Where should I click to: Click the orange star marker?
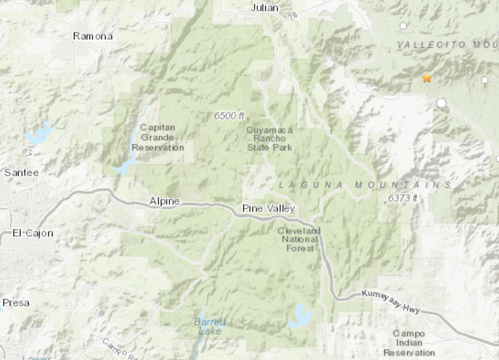[x=427, y=78]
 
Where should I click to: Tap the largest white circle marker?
[x=441, y=103]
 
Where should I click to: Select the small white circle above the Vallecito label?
[x=403, y=26]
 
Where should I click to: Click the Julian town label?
[x=265, y=8]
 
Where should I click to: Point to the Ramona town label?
[x=93, y=36]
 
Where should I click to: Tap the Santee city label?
[x=22, y=173]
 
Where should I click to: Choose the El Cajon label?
[x=33, y=233]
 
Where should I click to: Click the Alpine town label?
[x=165, y=201]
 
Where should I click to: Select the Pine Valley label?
[x=268, y=208]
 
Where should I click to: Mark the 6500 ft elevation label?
[x=229, y=116]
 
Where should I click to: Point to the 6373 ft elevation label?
[x=402, y=198]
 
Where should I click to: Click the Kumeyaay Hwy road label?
[x=391, y=301]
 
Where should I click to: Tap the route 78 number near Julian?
[x=293, y=16]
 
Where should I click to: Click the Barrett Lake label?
[x=210, y=326]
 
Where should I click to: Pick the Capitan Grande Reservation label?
[x=158, y=137]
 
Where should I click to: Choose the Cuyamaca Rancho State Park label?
[x=269, y=139]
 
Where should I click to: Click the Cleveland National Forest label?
[x=299, y=240]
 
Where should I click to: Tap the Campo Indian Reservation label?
[x=409, y=343]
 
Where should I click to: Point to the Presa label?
[x=16, y=303]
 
